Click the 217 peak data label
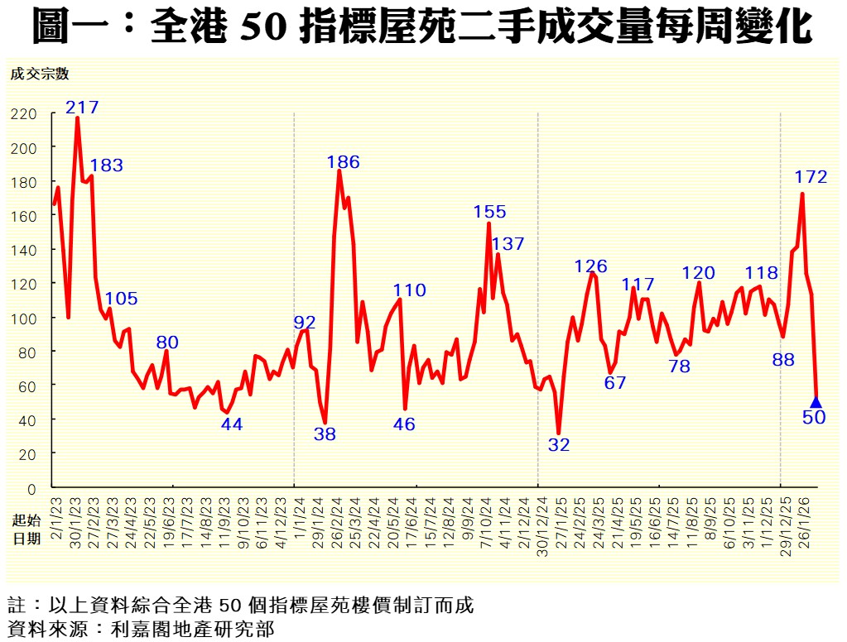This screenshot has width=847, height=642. coord(82,107)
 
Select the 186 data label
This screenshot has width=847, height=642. coord(343,162)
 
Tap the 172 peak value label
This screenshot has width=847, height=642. coord(811,176)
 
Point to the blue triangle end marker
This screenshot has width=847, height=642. coord(816,402)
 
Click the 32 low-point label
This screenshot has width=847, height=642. coord(559,444)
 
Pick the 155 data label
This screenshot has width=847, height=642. coord(489,212)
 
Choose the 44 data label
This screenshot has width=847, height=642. coord(232,424)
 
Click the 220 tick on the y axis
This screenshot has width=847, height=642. coord(25,113)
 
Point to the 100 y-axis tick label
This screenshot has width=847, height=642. coord(25,319)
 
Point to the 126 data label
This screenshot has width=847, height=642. coord(591,266)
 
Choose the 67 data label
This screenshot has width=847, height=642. coord(615,382)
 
